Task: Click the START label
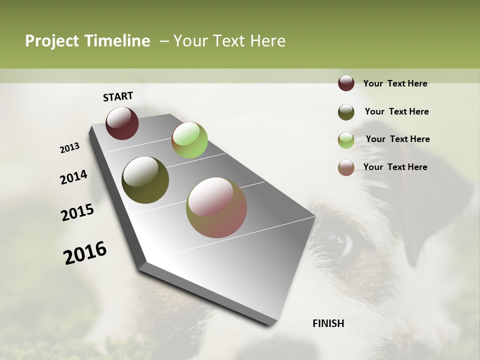point(118,96)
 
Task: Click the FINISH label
point(328,323)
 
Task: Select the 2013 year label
point(70,148)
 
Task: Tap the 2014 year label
point(74,177)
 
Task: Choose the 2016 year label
point(85,253)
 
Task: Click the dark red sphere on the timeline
point(122,123)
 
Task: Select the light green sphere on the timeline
point(189,140)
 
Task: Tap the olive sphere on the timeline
point(145,180)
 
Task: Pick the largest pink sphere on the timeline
point(216,207)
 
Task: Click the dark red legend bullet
point(346,83)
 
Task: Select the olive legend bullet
point(346,112)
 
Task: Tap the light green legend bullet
point(346,140)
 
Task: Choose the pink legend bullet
point(346,167)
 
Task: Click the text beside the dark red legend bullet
point(395,83)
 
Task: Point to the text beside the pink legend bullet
point(395,167)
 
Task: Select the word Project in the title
point(51,41)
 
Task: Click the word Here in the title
point(267,41)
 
